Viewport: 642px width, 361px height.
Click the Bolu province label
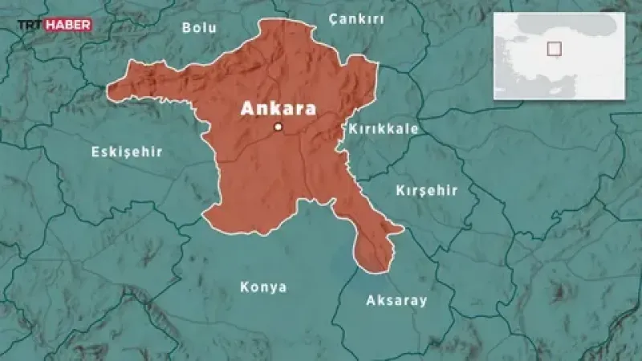(x=200, y=27)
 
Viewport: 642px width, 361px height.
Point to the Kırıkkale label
(x=383, y=128)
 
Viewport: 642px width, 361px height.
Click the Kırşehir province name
(x=426, y=190)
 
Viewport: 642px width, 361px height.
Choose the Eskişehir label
(x=127, y=152)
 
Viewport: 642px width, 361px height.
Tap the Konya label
(x=263, y=287)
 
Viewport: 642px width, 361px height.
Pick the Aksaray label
(x=396, y=301)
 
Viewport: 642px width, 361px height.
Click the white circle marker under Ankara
(x=278, y=127)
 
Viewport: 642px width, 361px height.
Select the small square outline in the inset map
(x=554, y=48)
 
